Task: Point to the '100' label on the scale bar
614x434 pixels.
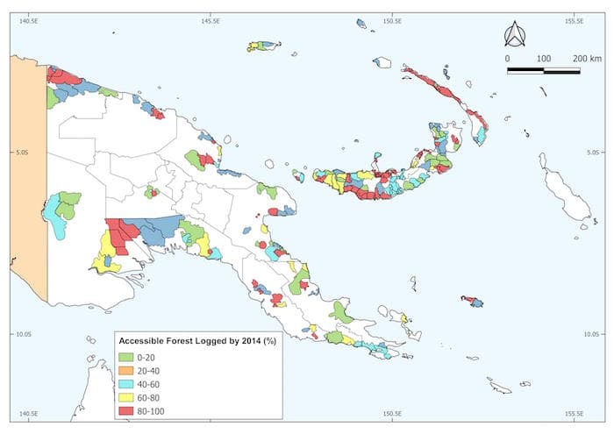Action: point(543,58)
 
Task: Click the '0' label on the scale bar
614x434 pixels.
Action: point(507,58)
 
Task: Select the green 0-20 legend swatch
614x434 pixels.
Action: point(127,357)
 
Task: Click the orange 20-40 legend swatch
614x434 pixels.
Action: point(127,371)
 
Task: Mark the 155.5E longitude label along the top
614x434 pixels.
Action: point(574,20)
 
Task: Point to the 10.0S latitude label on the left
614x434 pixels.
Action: point(21,333)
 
